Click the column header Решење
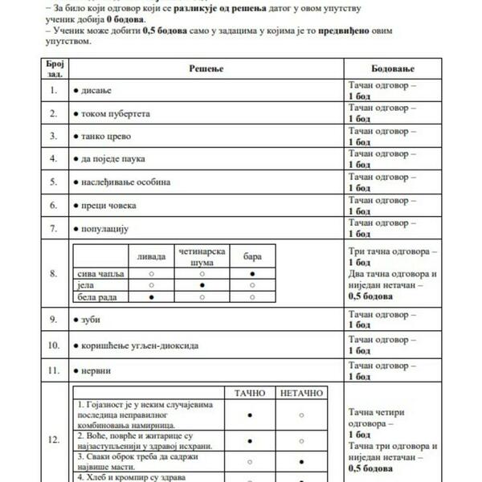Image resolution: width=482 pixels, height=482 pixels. pos(205,69)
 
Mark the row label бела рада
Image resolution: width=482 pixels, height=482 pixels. pos(96,296)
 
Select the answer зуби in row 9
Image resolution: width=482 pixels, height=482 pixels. pos(92,320)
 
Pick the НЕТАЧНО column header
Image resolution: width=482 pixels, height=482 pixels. pos(301,393)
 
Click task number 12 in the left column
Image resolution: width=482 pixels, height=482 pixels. pos(53,439)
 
